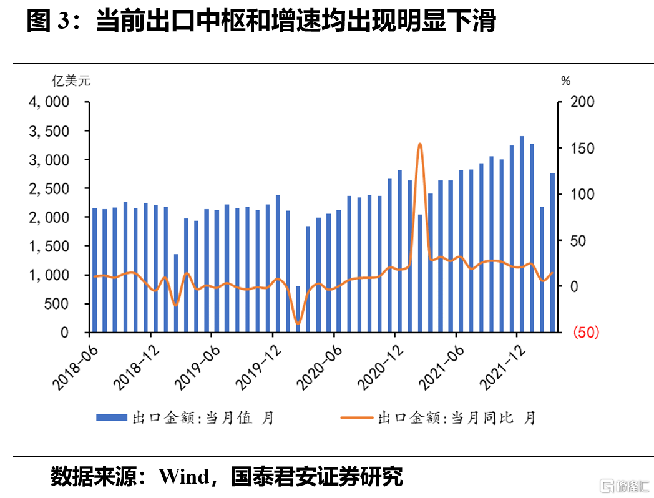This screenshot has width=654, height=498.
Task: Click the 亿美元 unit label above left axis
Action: click(71, 81)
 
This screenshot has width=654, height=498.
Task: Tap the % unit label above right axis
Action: click(565, 81)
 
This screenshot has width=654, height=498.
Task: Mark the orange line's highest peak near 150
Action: click(420, 144)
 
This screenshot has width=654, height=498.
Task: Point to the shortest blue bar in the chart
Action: click(298, 309)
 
